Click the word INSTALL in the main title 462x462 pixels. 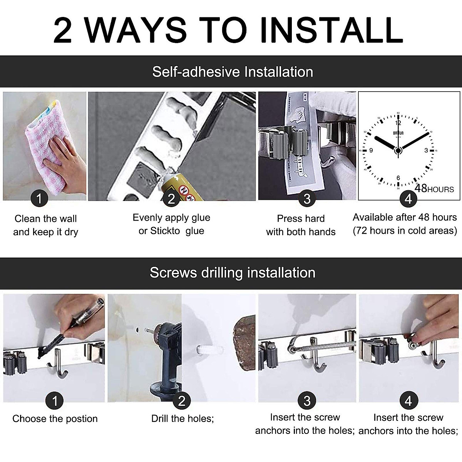pos(331,30)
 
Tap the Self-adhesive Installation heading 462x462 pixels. pos(233,72)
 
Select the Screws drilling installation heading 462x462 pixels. pos(233,273)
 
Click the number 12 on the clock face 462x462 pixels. pos(398,123)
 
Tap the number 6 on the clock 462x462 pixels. pos(398,177)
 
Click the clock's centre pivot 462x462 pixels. pos(398,151)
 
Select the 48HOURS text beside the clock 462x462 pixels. pos(434,188)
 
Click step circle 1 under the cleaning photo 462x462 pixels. pos(39,198)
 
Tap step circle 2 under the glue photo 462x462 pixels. pos(171,199)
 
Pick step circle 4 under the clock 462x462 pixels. pos(408,199)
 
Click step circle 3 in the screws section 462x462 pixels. pos(307,401)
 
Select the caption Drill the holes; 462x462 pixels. pos(182,418)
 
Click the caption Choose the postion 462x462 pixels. pos(55,418)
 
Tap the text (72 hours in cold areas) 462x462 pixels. pos(405,231)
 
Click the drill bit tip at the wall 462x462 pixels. pos(145,330)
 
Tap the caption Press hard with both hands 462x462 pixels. pos(301,225)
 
